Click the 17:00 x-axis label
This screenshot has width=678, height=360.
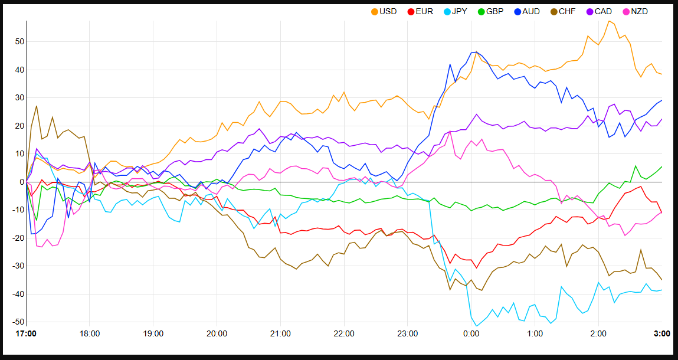coord(26,333)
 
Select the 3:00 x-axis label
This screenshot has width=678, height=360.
coord(662,333)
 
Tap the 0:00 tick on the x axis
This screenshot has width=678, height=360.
coord(471,333)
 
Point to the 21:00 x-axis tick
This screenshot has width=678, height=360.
coord(280,333)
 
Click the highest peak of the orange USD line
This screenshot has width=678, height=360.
coord(608,21)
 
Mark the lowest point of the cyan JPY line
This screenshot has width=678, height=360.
coord(477,326)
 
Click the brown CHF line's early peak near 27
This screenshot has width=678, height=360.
coord(37,106)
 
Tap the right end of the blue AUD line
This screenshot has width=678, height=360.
coord(661,100)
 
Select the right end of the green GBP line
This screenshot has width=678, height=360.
coord(661,166)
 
